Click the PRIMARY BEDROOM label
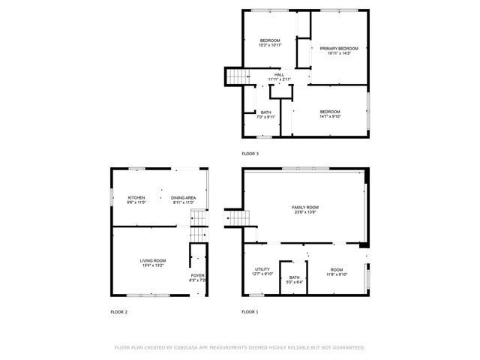click(339, 48)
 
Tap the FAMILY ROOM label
click(305, 207)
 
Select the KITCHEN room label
click(136, 197)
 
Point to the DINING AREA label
click(184, 197)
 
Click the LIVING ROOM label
click(152, 260)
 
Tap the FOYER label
click(197, 275)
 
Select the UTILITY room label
click(262, 269)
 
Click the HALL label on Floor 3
click(279, 75)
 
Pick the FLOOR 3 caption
click(250, 153)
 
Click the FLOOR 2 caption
click(119, 311)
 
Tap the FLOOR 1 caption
click(250, 311)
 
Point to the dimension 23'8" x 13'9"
click(305, 212)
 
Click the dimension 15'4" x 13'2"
click(152, 265)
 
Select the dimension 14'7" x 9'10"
click(330, 116)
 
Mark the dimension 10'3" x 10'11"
click(270, 45)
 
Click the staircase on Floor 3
click(237, 76)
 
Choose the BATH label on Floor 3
click(266, 112)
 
